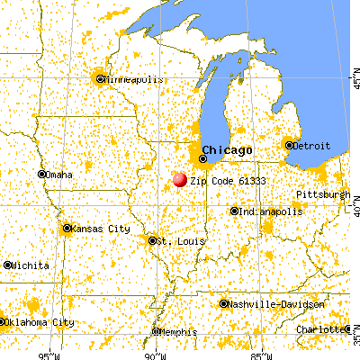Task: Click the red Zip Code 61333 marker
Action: (180, 180)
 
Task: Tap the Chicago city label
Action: (227, 149)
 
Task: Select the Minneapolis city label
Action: (131, 79)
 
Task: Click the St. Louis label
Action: (171, 241)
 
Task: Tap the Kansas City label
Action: (100, 229)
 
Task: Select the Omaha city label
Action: (58, 175)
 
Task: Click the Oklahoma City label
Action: (38, 322)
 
